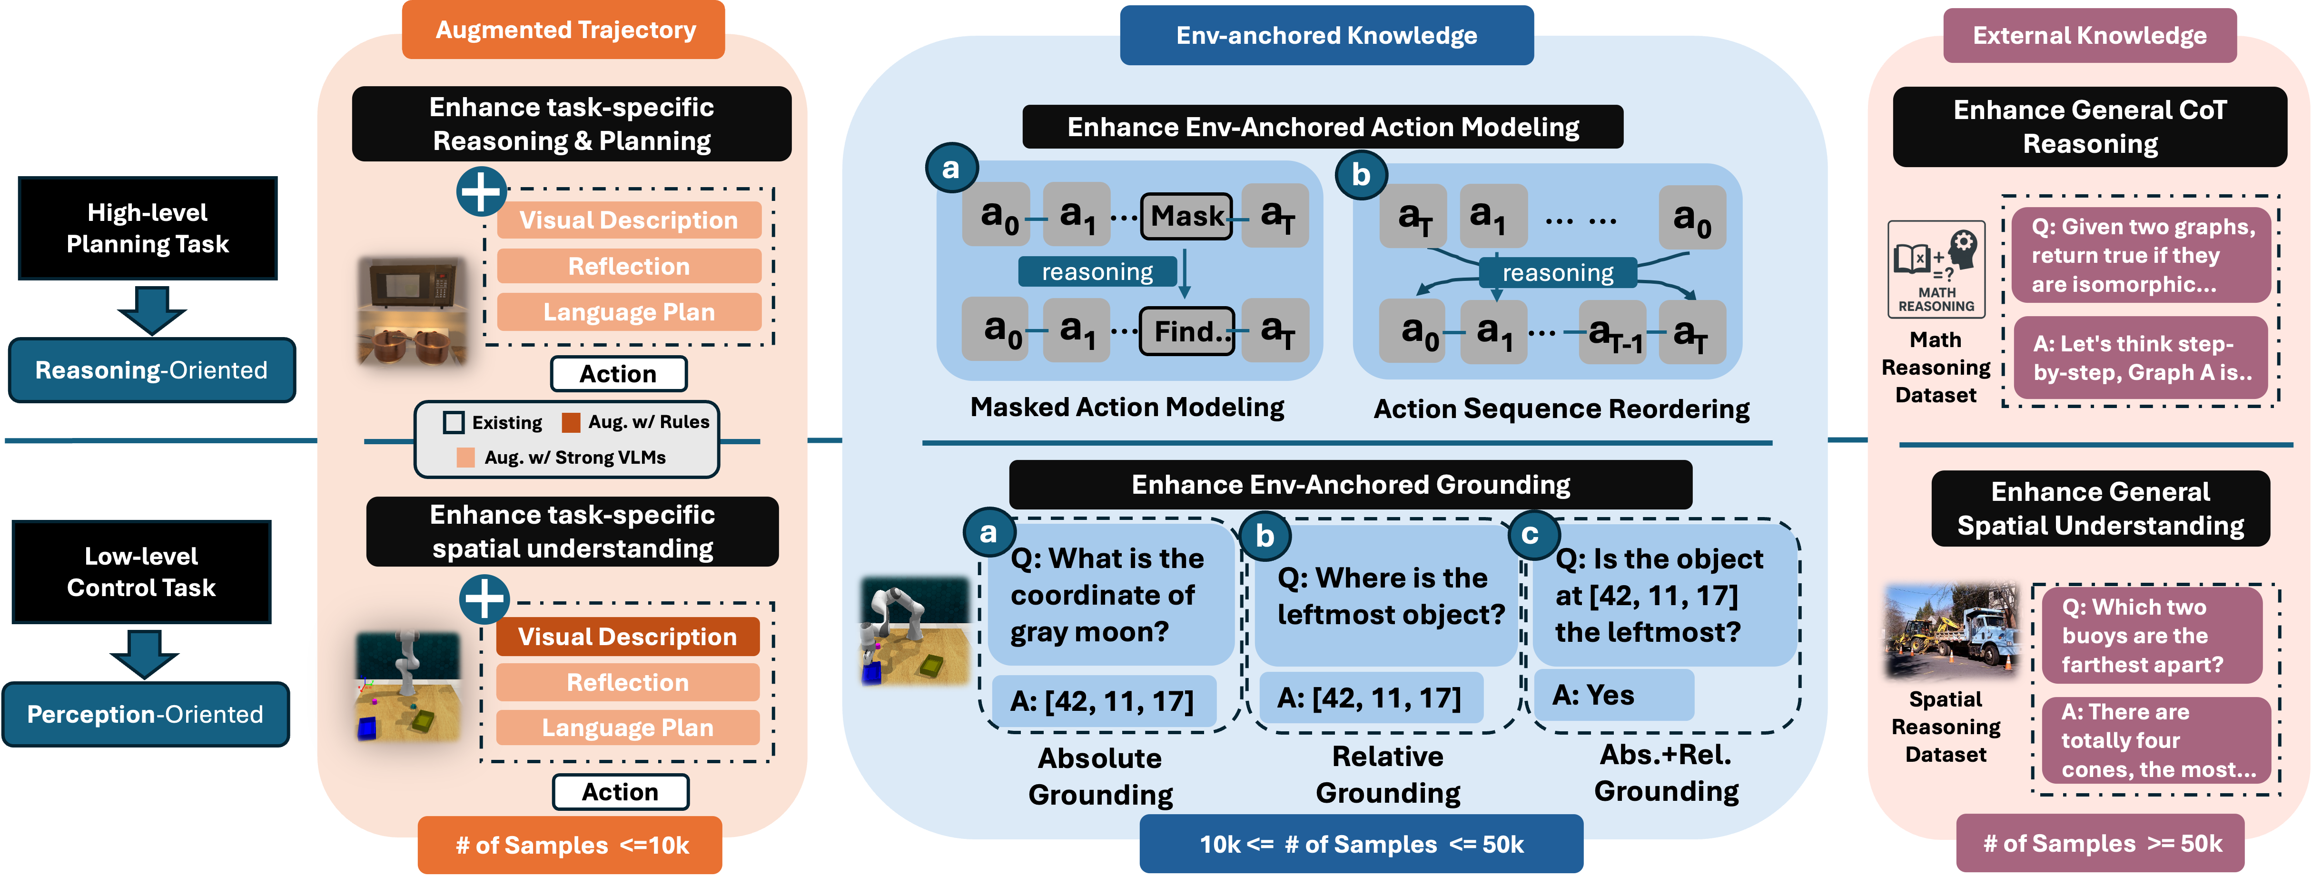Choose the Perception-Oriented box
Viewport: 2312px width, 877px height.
[146, 715]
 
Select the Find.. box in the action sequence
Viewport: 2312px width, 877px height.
[1186, 331]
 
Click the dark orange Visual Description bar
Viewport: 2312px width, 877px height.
[627, 637]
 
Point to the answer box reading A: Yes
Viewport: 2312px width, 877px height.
[1613, 695]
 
